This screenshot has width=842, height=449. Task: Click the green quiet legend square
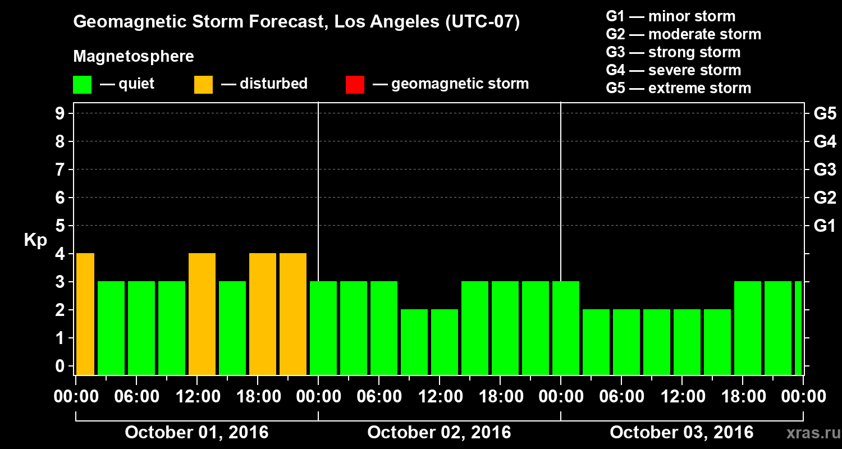83,84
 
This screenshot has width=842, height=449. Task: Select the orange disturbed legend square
204,84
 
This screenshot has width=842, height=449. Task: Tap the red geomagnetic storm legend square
355,84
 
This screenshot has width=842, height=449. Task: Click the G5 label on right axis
825,114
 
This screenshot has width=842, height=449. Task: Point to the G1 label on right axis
824,226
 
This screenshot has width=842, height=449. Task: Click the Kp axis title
35,240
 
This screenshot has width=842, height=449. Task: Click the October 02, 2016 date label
439,433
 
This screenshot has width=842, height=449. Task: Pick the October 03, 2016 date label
681,433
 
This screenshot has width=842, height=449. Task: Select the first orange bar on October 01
85,314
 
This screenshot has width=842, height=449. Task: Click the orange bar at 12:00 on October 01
202,314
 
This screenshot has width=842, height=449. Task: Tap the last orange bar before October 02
293,314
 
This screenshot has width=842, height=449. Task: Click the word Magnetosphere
134,57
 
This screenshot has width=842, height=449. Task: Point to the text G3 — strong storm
673,52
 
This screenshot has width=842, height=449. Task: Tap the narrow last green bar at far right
798,328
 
